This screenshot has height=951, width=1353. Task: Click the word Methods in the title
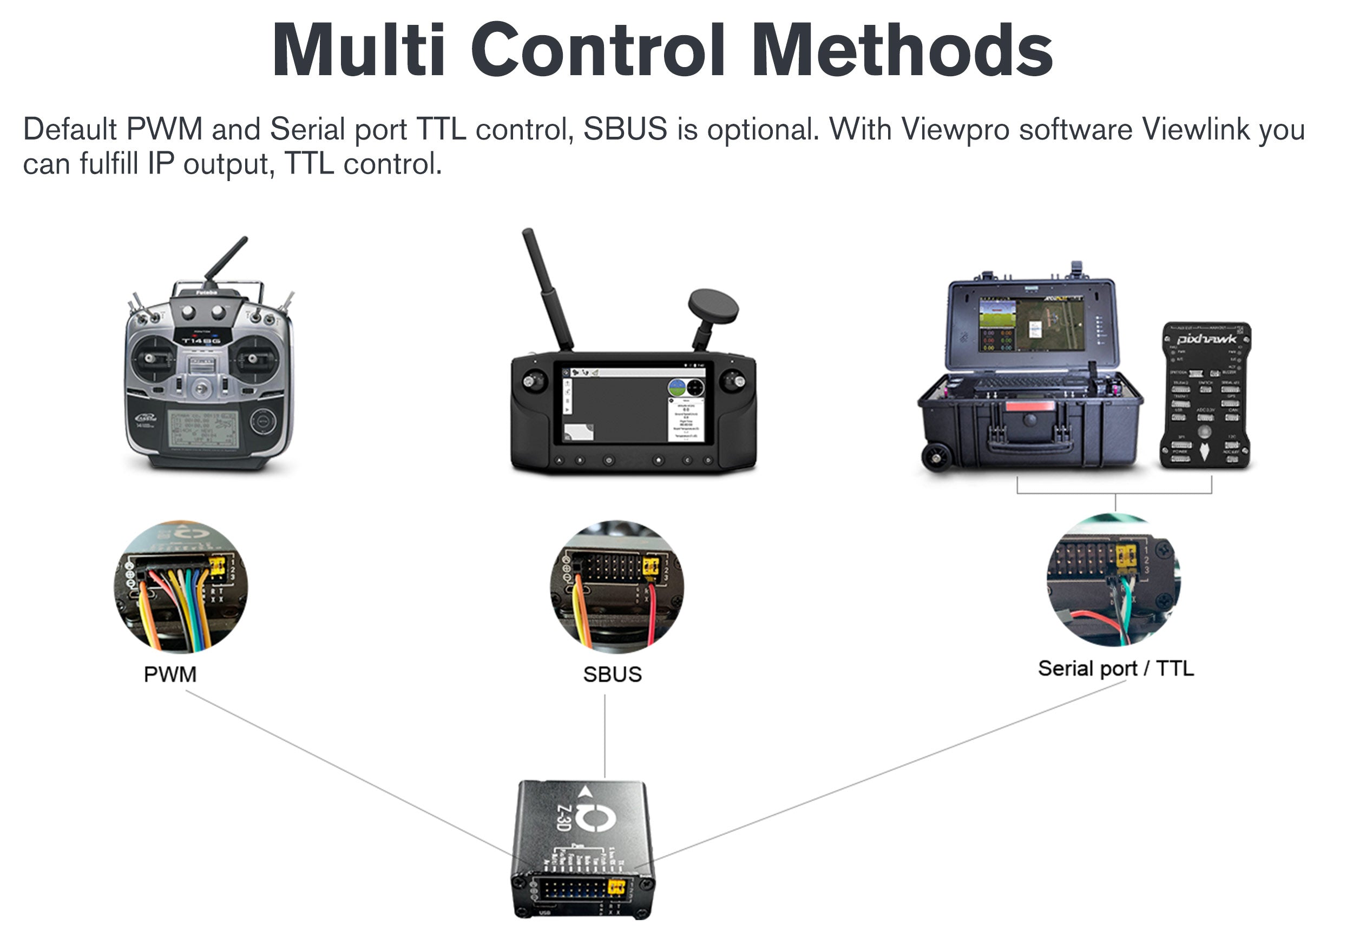902,51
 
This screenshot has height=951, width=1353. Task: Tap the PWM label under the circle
170,674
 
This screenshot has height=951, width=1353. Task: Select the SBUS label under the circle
612,674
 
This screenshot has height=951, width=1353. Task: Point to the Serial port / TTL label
1115,668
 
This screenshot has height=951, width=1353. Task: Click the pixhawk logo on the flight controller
1206,338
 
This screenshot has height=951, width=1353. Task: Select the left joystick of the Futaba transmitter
152,358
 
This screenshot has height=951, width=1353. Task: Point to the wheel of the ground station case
935,457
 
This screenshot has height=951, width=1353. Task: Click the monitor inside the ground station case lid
1031,323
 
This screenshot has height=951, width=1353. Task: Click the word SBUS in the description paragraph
625,129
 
